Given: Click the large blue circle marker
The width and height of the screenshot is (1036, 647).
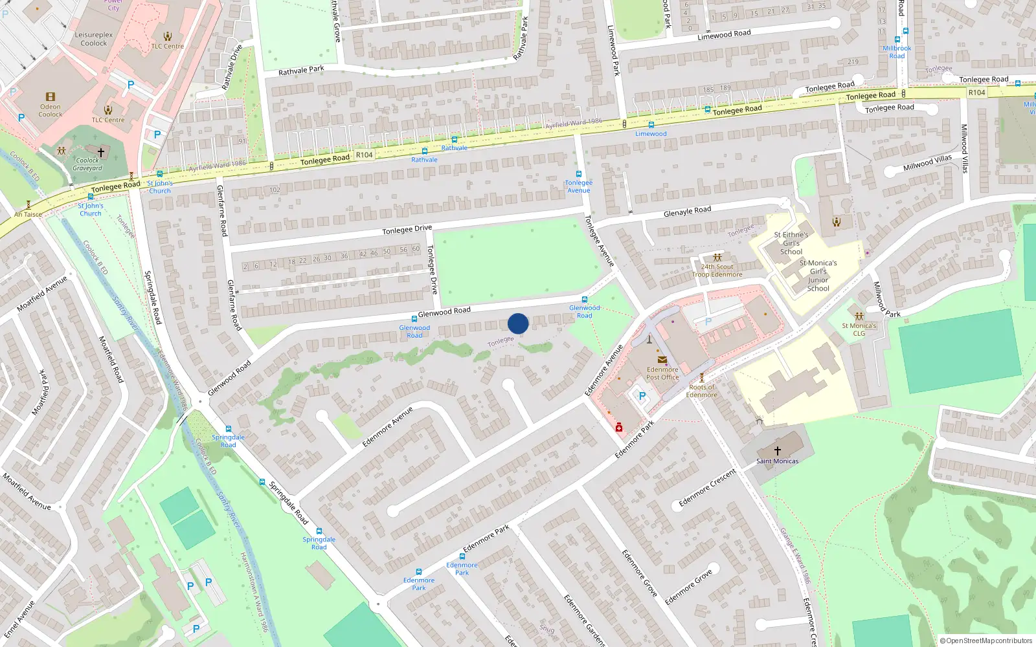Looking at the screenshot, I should point(518,323).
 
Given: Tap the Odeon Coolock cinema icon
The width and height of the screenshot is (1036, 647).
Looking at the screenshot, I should point(51,97).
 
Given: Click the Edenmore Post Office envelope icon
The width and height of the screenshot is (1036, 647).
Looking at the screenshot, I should point(662,360).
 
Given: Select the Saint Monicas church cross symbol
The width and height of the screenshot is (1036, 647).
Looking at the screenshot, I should point(777,450).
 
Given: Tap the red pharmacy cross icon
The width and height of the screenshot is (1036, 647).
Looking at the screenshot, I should point(619,427).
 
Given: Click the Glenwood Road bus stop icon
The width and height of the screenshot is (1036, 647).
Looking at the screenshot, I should point(414,319).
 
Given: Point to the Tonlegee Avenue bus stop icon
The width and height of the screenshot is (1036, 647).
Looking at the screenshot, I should point(578,174).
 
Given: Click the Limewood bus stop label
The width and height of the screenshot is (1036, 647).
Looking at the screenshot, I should point(651,134).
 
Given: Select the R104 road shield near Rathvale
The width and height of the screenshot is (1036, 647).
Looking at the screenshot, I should point(364,155).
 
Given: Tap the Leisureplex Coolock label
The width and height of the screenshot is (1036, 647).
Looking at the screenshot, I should point(94,39).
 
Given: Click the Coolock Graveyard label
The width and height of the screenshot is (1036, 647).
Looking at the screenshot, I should point(87,164).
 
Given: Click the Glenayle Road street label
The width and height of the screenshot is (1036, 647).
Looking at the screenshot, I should point(687,212).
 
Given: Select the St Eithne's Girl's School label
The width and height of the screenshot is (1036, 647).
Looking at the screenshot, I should point(791,243).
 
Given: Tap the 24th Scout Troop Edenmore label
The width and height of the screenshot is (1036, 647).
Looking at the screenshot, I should point(717,270).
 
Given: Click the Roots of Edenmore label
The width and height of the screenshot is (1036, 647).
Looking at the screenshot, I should point(701,391).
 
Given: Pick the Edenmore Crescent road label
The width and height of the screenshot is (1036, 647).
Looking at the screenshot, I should point(707,488).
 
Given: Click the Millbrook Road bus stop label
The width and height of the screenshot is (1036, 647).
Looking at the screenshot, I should point(897,52).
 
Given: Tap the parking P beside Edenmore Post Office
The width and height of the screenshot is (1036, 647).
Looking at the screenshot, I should point(642,396).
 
